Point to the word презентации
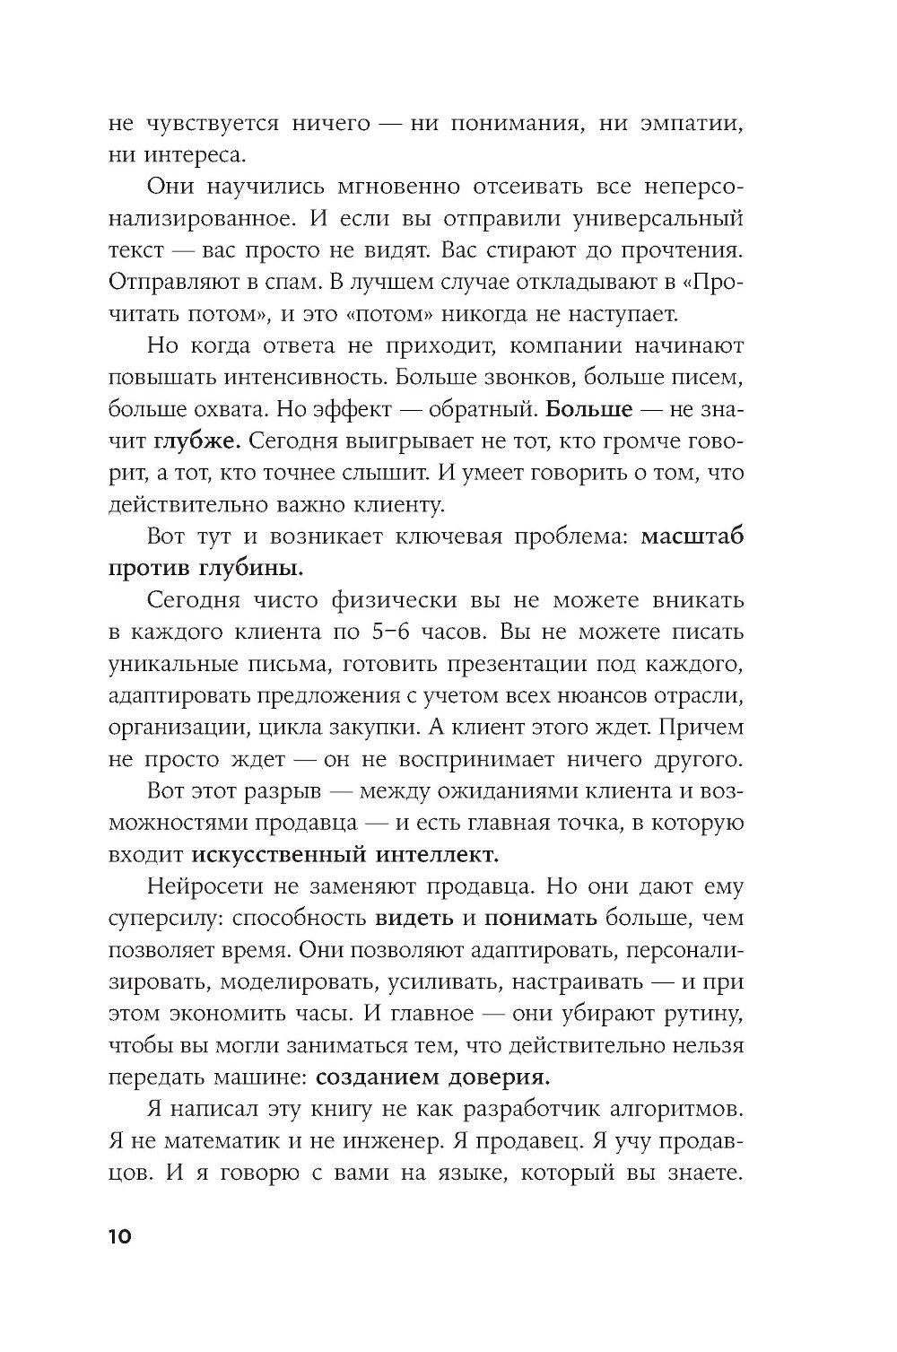pyautogui.click(x=541, y=664)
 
